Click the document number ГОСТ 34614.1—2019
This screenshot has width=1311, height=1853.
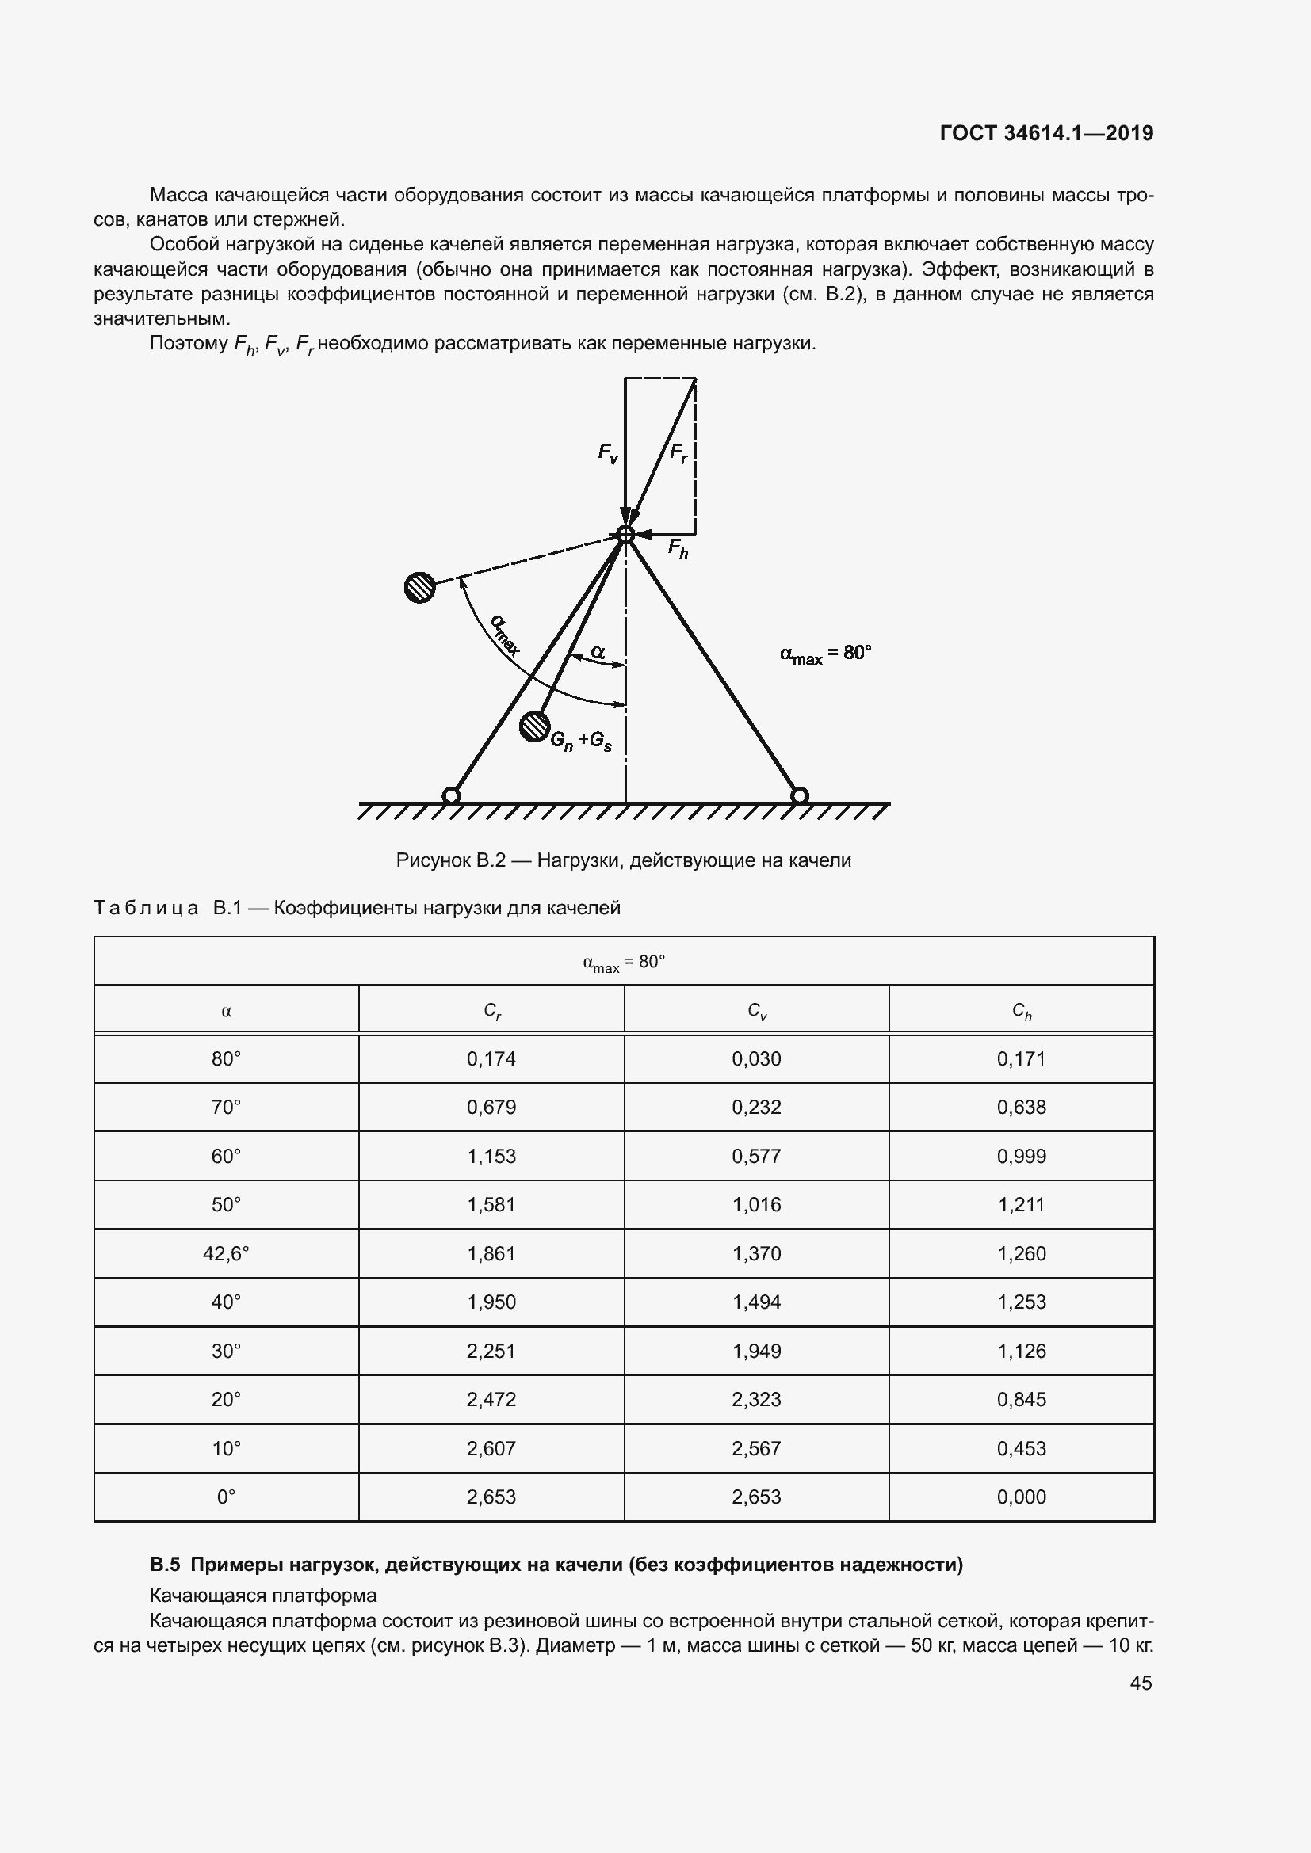click(x=1046, y=133)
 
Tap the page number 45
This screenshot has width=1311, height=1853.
click(x=1141, y=1683)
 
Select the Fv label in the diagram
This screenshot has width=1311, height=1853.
click(x=608, y=454)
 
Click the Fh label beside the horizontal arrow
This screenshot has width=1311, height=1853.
click(x=678, y=550)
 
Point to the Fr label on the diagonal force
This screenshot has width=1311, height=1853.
click(x=679, y=453)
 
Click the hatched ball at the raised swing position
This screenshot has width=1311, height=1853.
click(x=420, y=587)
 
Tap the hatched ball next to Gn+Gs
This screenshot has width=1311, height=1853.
click(x=533, y=726)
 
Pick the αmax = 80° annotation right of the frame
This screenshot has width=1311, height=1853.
click(x=826, y=654)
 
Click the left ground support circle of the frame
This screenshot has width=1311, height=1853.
click(x=451, y=795)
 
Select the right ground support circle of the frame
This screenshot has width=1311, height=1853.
click(x=799, y=795)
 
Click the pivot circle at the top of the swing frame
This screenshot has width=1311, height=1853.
click(x=625, y=534)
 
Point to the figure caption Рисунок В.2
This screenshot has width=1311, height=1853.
click(x=623, y=860)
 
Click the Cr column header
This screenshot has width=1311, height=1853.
click(x=491, y=1010)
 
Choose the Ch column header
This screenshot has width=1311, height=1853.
click(x=1021, y=1010)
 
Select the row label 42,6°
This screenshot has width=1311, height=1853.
click(x=226, y=1253)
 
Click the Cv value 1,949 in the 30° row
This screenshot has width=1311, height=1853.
click(x=756, y=1351)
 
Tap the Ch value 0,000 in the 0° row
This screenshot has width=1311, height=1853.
click(x=1021, y=1497)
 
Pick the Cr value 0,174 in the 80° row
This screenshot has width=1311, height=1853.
click(x=491, y=1059)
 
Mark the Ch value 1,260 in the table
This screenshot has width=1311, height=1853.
click(x=1021, y=1253)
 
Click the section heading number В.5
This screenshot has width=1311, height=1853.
click(x=165, y=1565)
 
